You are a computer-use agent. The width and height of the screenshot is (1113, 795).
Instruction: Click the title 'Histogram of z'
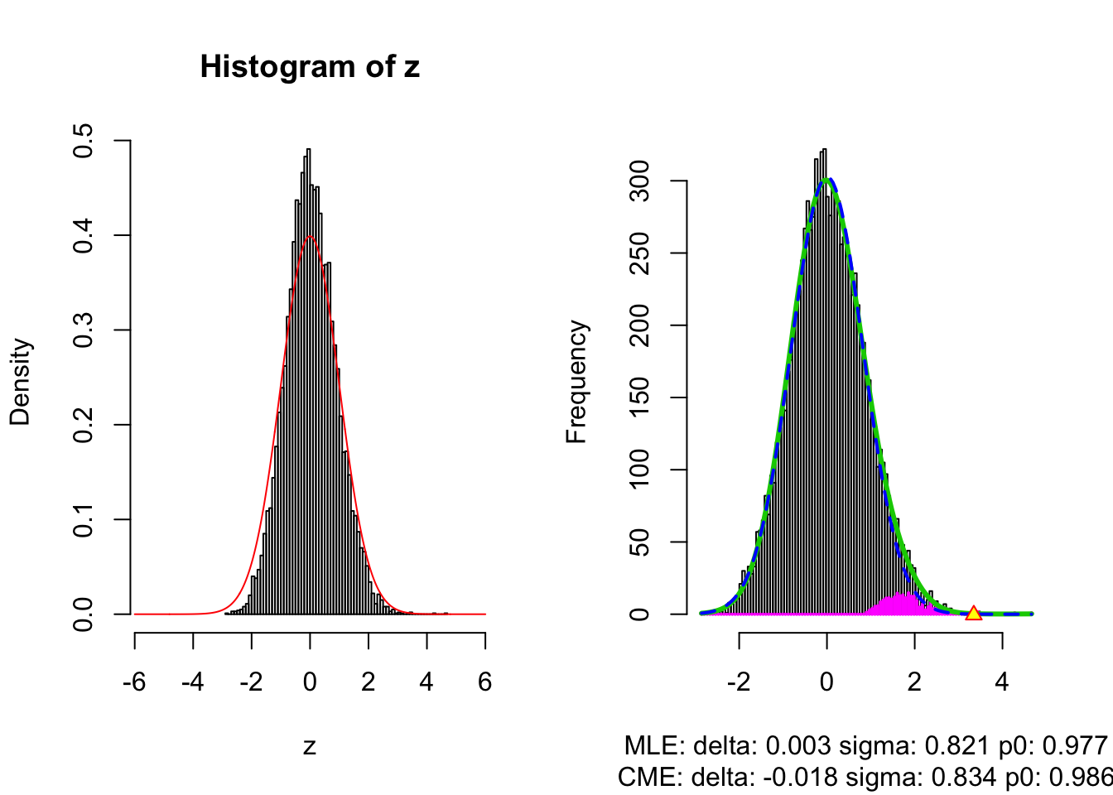coord(310,66)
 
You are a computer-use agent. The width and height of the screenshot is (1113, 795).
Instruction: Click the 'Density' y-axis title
coord(20,382)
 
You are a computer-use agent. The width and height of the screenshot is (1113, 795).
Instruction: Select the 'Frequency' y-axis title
coord(576,382)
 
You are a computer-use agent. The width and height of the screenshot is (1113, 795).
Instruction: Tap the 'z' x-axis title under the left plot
coord(310,746)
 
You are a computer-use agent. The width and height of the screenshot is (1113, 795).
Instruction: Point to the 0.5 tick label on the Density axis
coord(83,141)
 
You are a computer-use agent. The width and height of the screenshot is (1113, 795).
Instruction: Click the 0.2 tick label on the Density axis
coord(83,425)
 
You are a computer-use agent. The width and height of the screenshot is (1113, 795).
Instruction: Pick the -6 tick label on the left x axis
coord(134,682)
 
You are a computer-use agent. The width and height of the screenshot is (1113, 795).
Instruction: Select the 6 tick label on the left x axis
coord(485,682)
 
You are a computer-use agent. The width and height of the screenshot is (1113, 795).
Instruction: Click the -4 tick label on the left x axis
coord(193,682)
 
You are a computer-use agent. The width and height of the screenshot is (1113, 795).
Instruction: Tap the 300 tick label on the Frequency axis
coord(639,181)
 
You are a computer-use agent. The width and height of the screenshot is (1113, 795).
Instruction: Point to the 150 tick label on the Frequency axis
coord(639,397)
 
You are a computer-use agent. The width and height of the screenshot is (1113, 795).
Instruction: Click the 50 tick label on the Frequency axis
coord(639,542)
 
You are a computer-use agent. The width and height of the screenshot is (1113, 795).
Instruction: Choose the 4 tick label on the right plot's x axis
coord(1002,682)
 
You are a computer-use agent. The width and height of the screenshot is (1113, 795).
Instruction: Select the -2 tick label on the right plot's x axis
coord(739,682)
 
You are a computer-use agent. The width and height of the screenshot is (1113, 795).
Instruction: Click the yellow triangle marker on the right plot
coord(973,613)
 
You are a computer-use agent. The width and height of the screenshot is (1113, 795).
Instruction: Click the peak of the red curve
coord(310,236)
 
